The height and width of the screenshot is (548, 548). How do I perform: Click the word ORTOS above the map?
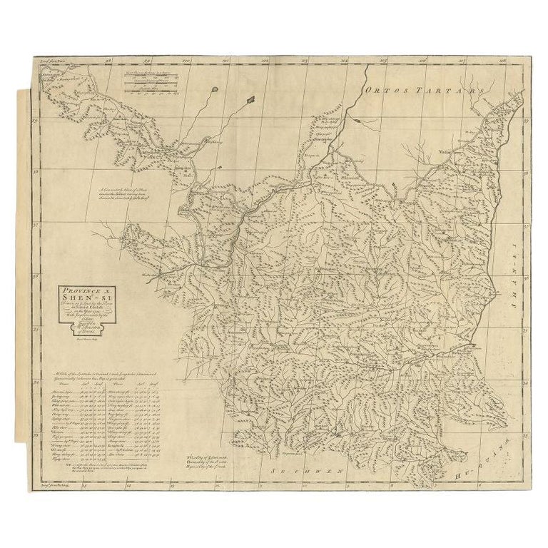click(x=389, y=91)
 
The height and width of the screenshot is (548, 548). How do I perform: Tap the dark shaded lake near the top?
click(x=250, y=100)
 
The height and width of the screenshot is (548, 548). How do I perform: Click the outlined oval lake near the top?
click(x=215, y=90)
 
